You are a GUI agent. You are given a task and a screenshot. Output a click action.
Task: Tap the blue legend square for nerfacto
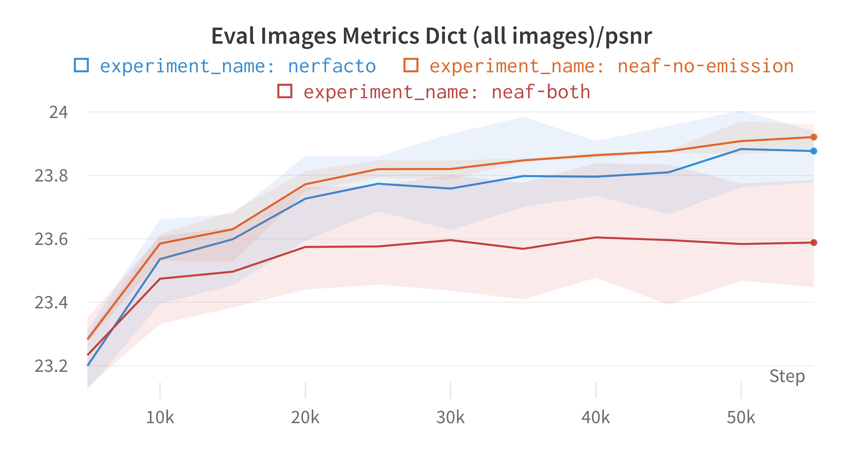[81, 65]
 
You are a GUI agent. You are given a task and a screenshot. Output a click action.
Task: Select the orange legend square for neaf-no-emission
[411, 65]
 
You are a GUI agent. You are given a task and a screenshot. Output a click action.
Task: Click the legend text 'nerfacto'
[332, 66]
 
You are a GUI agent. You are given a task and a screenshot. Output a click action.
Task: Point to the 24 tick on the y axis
[58, 112]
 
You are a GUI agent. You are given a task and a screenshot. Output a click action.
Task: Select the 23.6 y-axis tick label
[51, 239]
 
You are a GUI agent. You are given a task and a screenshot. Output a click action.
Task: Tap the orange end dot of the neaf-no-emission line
[814, 137]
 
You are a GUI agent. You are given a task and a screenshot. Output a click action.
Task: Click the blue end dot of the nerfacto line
[814, 151]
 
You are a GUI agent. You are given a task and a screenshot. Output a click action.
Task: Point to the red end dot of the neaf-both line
[814, 242]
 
